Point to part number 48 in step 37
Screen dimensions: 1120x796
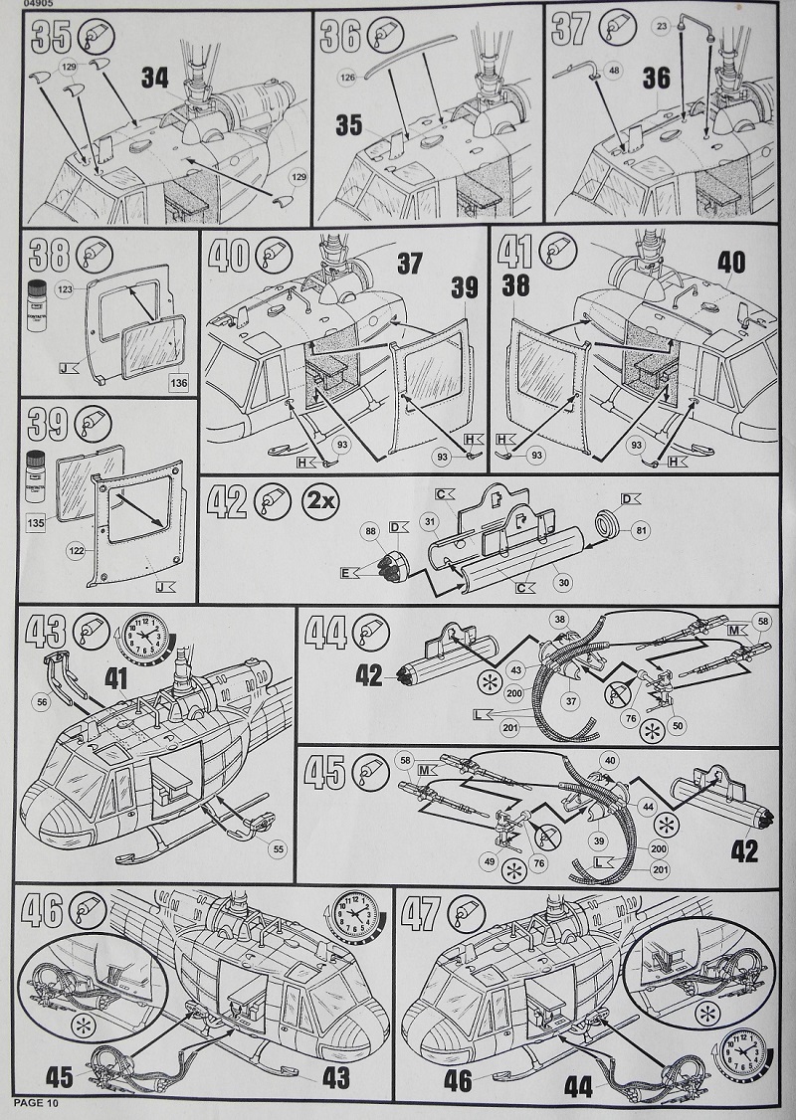612,71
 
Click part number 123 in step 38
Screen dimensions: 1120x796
68,290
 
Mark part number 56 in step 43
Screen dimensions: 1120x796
41,701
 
